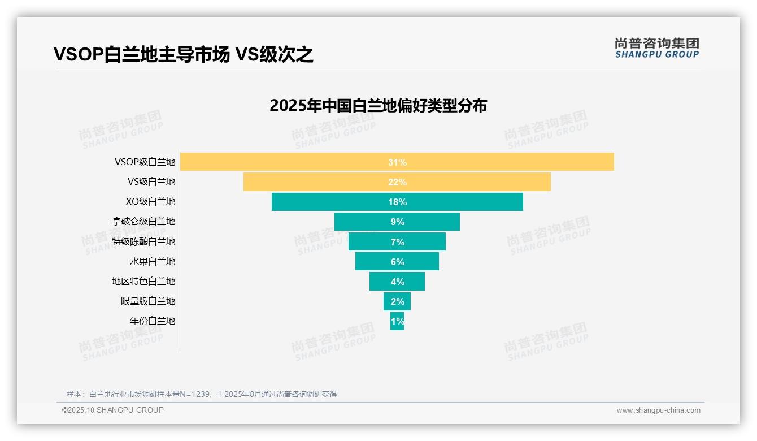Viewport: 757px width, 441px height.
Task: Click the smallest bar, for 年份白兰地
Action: (x=397, y=321)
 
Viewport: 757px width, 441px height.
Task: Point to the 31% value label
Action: (x=397, y=162)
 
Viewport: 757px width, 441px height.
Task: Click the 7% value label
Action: (x=397, y=242)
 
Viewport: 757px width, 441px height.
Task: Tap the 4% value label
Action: (x=397, y=282)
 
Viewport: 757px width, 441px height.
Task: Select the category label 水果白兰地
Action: (x=153, y=261)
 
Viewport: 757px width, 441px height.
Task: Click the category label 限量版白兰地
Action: (x=148, y=301)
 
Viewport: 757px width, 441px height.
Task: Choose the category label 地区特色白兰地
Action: (x=143, y=281)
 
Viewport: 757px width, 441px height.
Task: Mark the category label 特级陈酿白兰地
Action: (x=143, y=241)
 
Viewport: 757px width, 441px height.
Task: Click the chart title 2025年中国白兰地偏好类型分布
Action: (x=378, y=106)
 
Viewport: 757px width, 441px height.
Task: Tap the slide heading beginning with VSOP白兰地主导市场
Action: (x=183, y=55)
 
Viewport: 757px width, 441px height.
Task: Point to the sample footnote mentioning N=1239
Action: (x=202, y=394)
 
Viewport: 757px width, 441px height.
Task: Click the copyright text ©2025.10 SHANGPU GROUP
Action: (x=113, y=410)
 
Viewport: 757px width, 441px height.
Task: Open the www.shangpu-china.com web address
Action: (x=658, y=410)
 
